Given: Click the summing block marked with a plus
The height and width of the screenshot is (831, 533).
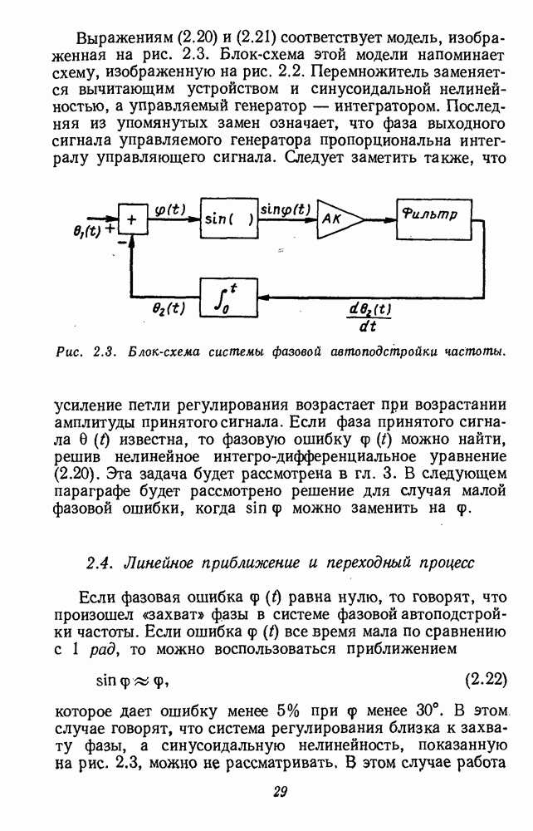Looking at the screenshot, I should (131, 221).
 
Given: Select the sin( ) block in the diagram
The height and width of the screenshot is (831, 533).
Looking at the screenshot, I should (227, 220).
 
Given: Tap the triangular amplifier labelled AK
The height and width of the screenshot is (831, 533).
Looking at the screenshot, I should (336, 221).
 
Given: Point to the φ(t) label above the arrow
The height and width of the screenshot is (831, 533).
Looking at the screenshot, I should (171, 209).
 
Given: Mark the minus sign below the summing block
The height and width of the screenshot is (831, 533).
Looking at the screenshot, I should (122, 242).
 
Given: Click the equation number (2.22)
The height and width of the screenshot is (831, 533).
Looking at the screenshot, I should (485, 679).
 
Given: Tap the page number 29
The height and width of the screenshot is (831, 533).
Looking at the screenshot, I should (280, 790).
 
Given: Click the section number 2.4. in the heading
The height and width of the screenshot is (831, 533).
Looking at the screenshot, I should (102, 563).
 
